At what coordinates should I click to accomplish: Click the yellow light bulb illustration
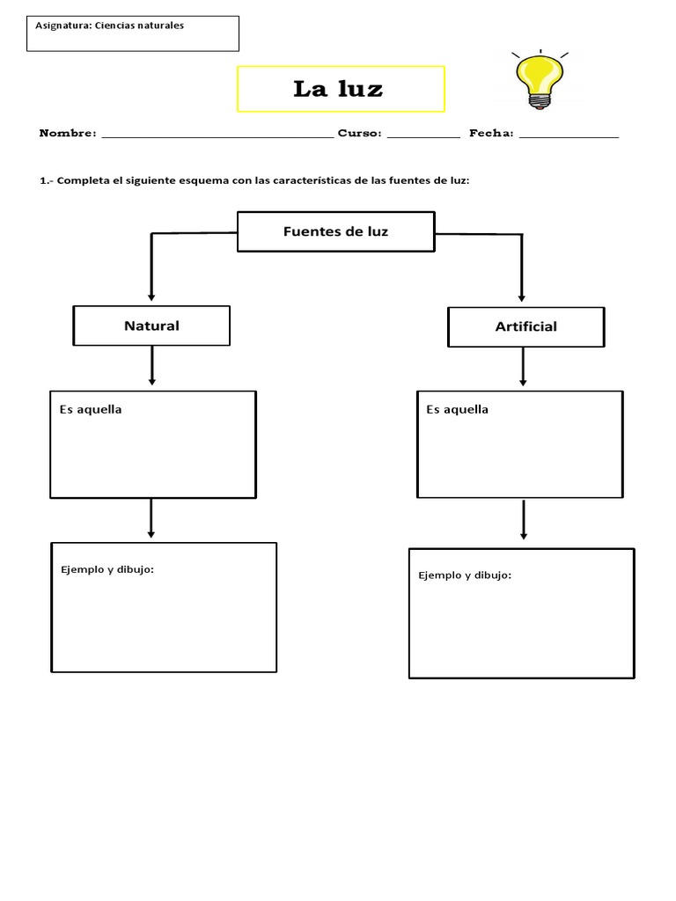(x=540, y=80)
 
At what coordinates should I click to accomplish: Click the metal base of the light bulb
(x=540, y=102)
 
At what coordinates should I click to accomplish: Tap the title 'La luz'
(x=338, y=89)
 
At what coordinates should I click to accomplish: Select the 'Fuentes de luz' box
(x=336, y=231)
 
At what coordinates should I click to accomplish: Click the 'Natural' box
(x=151, y=326)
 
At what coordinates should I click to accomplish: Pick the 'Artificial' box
(x=526, y=327)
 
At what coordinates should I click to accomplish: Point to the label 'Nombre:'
(x=68, y=134)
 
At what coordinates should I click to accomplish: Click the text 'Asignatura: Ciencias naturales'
(x=110, y=26)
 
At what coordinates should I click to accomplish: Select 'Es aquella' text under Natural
(x=91, y=410)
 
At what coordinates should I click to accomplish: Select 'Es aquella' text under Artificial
(x=458, y=410)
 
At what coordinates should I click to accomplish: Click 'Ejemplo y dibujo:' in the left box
(x=107, y=569)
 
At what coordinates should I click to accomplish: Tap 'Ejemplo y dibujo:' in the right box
(x=465, y=575)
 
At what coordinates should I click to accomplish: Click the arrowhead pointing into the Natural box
(x=151, y=297)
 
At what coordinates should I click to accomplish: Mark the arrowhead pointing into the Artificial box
(x=522, y=297)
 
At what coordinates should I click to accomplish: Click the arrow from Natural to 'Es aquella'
(x=151, y=365)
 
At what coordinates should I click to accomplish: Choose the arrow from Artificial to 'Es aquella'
(x=523, y=367)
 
